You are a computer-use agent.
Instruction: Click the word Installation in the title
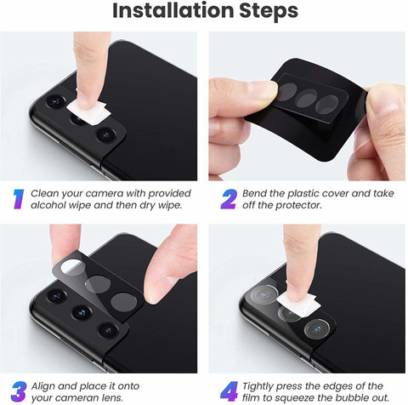[x=173, y=10]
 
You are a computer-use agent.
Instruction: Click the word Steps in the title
[x=269, y=11]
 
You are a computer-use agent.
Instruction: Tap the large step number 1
[x=19, y=199]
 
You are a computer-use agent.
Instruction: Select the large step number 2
[x=229, y=199]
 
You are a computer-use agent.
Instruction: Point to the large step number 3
[x=19, y=391]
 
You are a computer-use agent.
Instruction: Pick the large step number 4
[x=229, y=391]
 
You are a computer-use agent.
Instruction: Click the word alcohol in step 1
[x=47, y=205]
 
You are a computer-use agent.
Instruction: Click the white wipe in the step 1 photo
[x=88, y=112]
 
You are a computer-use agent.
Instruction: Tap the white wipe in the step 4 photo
[x=298, y=304]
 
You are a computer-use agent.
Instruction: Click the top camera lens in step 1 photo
[x=55, y=101]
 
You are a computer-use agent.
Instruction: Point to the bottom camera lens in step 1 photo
[x=106, y=134]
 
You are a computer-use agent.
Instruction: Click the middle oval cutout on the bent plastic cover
[x=307, y=98]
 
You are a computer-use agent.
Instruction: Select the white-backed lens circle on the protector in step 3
[x=73, y=267]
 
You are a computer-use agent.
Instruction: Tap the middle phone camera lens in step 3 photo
[x=82, y=312]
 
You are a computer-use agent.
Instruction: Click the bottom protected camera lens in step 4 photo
[x=317, y=329]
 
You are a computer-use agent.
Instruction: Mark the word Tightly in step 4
[x=258, y=386]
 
